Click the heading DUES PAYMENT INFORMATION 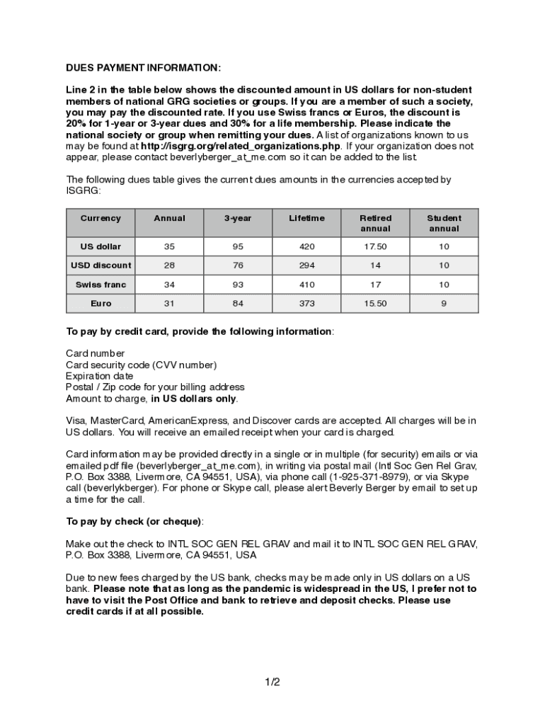tap(143, 67)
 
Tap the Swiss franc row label tap(101, 285)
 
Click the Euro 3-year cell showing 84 tap(238, 304)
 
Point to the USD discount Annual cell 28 tap(169, 266)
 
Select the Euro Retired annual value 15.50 tap(375, 304)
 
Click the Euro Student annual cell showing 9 tap(444, 304)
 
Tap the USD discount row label tap(101, 266)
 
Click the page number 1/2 tap(272, 683)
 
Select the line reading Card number tap(96, 353)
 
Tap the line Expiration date tap(99, 376)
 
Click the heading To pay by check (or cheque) tap(134, 522)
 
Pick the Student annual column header tap(444, 223)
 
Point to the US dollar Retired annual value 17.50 tap(375, 246)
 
